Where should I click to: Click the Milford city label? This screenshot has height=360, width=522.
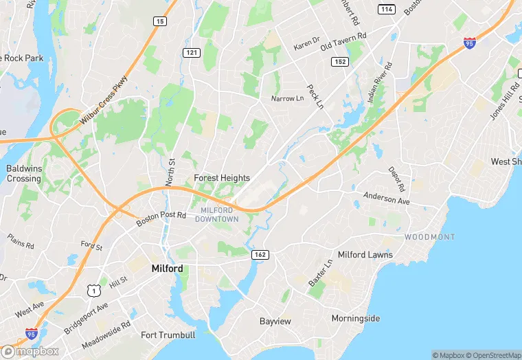[167, 269]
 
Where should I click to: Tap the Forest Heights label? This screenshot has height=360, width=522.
[222, 178]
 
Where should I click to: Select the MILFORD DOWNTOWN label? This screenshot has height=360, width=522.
[217, 214]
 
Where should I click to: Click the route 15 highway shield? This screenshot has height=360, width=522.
[159, 21]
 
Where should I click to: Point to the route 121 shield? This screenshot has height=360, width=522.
[191, 53]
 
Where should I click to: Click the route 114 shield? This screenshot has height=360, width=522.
[385, 8]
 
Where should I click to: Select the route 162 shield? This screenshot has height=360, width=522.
[261, 255]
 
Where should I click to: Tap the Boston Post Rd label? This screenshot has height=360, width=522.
[161, 218]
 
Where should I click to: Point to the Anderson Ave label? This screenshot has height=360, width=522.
[386, 199]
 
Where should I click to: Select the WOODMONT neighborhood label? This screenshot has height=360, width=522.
[429, 237]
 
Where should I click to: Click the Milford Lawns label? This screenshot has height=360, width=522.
[365, 255]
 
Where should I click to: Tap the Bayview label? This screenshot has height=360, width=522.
[275, 322]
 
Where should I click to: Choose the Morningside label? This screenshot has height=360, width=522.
[356, 319]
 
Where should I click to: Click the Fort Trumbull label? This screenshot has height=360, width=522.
[168, 335]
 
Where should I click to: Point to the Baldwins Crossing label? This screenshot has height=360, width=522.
[23, 173]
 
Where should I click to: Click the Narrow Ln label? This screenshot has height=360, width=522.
[287, 99]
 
